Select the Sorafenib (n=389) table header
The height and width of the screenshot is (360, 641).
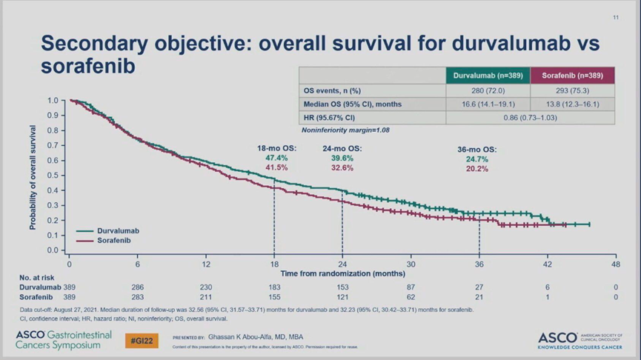point(571,76)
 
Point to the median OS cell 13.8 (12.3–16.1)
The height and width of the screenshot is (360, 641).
point(571,104)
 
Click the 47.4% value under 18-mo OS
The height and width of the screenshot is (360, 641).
point(276,159)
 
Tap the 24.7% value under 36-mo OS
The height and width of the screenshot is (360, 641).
point(476,159)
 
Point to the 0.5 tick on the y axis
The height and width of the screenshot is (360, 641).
point(52,176)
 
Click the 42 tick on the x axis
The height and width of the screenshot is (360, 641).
point(547,264)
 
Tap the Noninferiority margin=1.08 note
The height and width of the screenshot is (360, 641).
point(345,130)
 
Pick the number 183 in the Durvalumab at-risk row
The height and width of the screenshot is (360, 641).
point(274,287)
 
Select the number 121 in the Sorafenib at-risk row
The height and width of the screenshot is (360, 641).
point(342,296)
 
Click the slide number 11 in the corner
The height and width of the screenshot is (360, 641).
point(616,18)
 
